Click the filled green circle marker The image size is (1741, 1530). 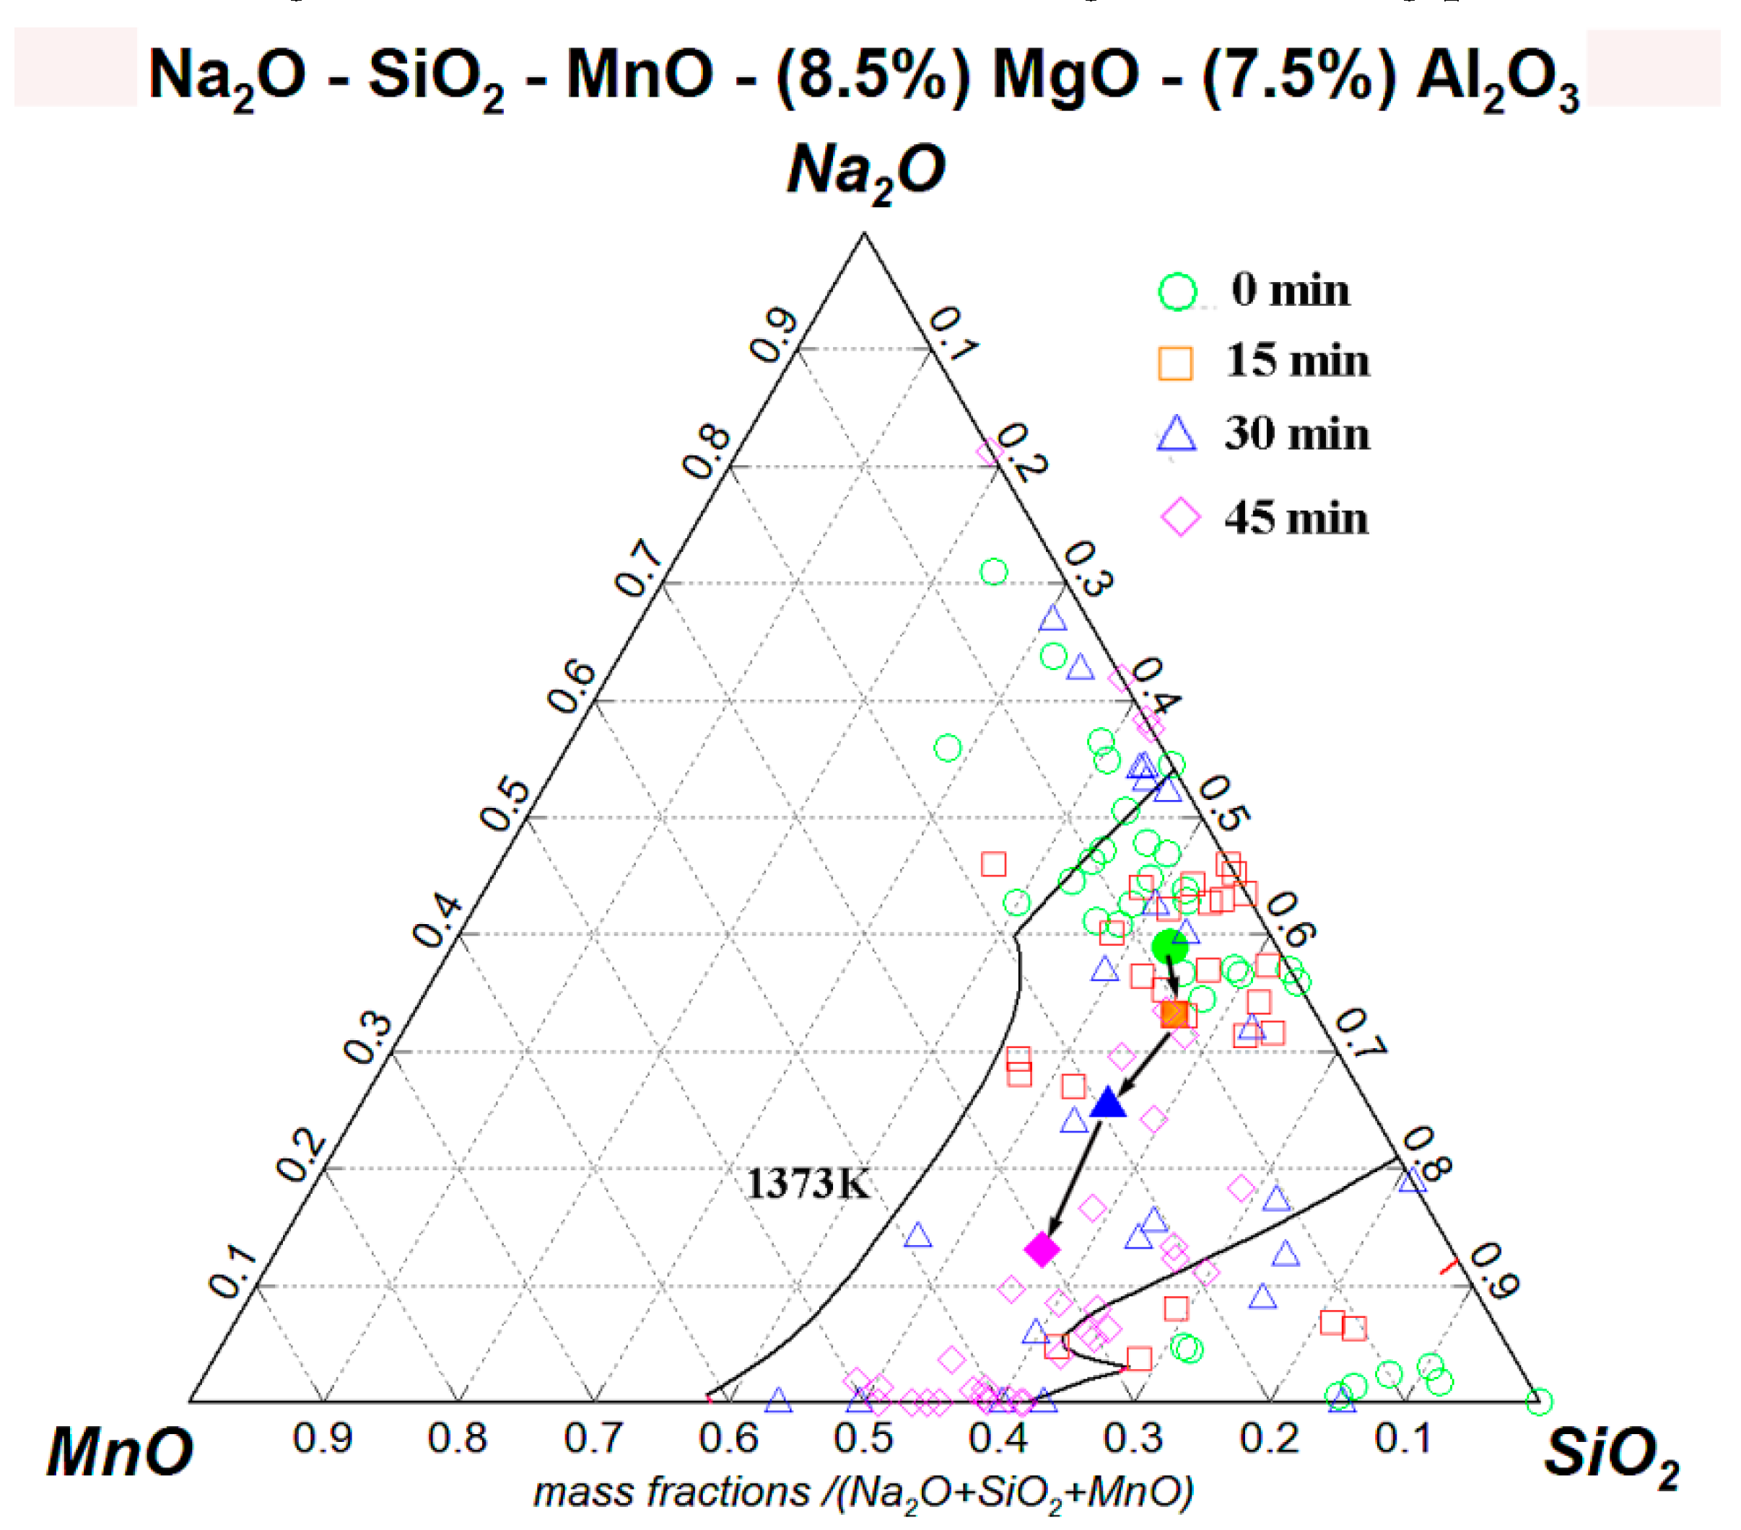click(1169, 946)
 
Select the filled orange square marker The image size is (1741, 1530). click(1174, 1014)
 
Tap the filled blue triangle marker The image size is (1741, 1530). click(1108, 1104)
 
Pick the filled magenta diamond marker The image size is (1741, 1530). click(1042, 1249)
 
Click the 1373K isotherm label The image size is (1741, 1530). click(808, 1184)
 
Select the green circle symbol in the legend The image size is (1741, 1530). click(1178, 292)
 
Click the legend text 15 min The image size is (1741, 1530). click(1297, 361)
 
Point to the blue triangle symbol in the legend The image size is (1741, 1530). click(1178, 434)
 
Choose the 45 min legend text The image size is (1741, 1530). click(1296, 518)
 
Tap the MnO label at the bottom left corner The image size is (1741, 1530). click(119, 1451)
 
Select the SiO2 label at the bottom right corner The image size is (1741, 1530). click(1610, 1454)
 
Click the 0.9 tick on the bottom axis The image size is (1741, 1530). click(322, 1439)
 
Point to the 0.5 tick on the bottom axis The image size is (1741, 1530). click(863, 1439)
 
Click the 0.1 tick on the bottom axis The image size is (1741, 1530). click(1402, 1439)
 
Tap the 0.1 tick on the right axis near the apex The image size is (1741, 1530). click(952, 335)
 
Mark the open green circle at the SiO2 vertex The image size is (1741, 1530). click(1538, 1401)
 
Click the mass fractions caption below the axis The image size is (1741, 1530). click(863, 1491)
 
